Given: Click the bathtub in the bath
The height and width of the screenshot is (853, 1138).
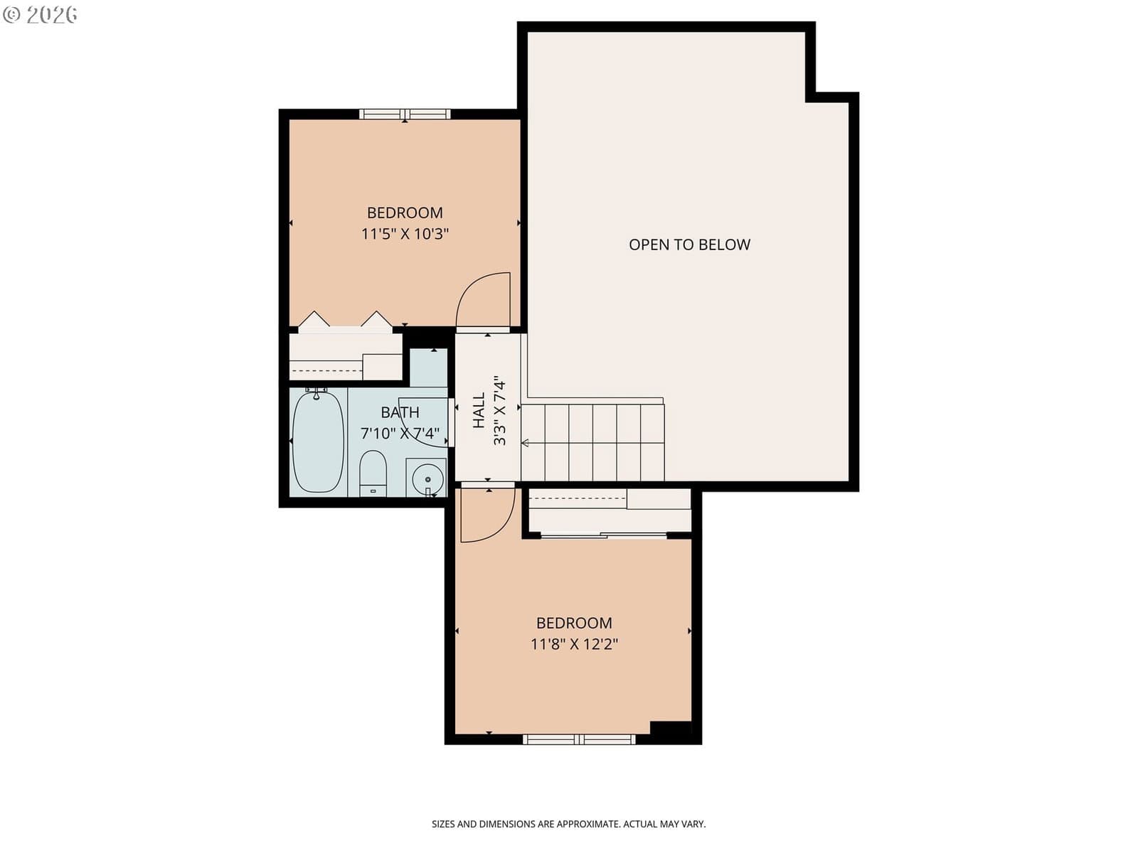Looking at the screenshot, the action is click(318, 442).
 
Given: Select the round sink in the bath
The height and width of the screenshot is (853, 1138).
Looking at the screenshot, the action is click(427, 479).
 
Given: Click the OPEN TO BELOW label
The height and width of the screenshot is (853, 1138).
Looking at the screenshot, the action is click(689, 245).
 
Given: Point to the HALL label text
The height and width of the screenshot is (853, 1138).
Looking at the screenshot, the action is click(479, 409).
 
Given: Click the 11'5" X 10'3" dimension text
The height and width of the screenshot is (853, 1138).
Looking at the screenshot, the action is click(405, 234).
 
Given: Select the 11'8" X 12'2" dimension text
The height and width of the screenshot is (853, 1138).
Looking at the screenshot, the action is click(574, 644).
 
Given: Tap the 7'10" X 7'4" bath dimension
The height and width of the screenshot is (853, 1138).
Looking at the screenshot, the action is click(400, 433).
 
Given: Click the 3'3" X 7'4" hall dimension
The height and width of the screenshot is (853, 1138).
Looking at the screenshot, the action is click(499, 411).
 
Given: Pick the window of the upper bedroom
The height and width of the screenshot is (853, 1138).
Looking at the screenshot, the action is click(405, 114).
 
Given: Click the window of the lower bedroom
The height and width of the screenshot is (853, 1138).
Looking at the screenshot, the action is click(578, 739).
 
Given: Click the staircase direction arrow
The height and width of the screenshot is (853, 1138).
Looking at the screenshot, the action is click(525, 443).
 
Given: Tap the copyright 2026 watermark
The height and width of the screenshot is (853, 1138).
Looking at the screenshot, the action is click(40, 14).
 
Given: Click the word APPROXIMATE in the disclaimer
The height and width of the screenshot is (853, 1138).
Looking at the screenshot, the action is click(588, 824).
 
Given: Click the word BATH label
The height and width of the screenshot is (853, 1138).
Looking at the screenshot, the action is click(400, 412).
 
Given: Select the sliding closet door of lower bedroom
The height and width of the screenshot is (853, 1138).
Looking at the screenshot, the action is click(604, 535).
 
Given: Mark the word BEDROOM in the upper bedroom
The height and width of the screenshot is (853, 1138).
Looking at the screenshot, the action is click(405, 213).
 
